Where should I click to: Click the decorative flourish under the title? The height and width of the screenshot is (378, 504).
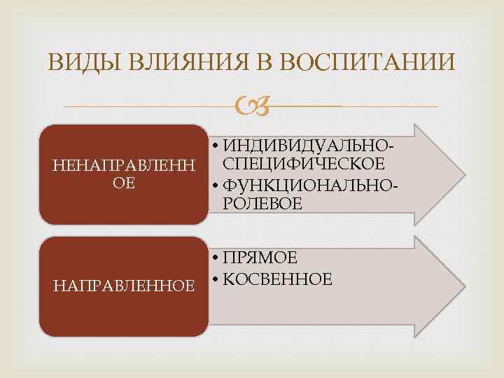point(252,106)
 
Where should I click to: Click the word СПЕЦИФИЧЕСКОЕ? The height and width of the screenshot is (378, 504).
point(304,164)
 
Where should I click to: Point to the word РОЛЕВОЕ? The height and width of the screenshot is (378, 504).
point(263,204)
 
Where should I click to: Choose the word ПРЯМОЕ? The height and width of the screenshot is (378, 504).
point(261,258)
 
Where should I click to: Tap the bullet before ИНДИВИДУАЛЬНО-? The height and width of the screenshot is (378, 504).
point(214,146)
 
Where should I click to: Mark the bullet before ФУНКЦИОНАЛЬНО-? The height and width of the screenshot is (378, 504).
point(214,185)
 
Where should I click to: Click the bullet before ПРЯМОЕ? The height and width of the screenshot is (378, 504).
point(214,258)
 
